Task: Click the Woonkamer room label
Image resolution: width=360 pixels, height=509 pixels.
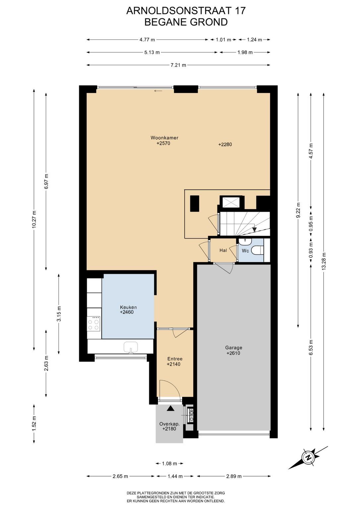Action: point(164,138)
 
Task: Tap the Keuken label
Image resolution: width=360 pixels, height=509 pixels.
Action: point(128,308)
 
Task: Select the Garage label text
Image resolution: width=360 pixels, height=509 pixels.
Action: point(234,347)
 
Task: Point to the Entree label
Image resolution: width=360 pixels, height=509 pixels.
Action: point(175,359)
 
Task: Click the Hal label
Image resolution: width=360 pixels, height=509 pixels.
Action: point(223,251)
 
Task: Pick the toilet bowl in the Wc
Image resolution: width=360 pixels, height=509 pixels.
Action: point(258,251)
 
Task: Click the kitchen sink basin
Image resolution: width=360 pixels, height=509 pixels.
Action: point(131,347)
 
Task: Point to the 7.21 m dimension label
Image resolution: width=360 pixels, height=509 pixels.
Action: point(178,65)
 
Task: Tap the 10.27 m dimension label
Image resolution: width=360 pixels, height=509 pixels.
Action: point(34,219)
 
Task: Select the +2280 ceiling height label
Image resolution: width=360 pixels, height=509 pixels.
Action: point(225,144)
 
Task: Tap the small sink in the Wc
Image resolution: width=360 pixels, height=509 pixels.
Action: point(245,242)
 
